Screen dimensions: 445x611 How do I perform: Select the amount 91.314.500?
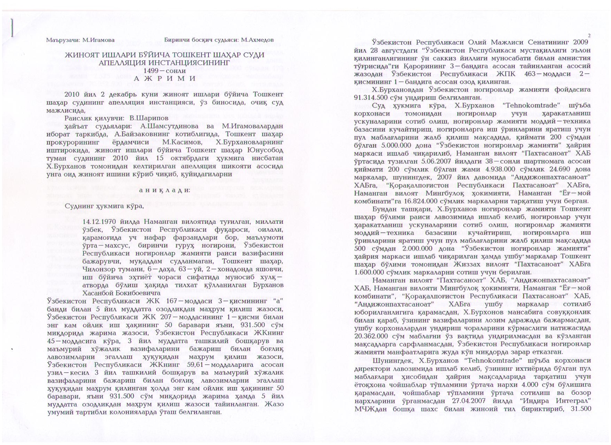pyautogui.click(x=374, y=97)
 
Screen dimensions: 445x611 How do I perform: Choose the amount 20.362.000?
pyautogui.click(x=371, y=336)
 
